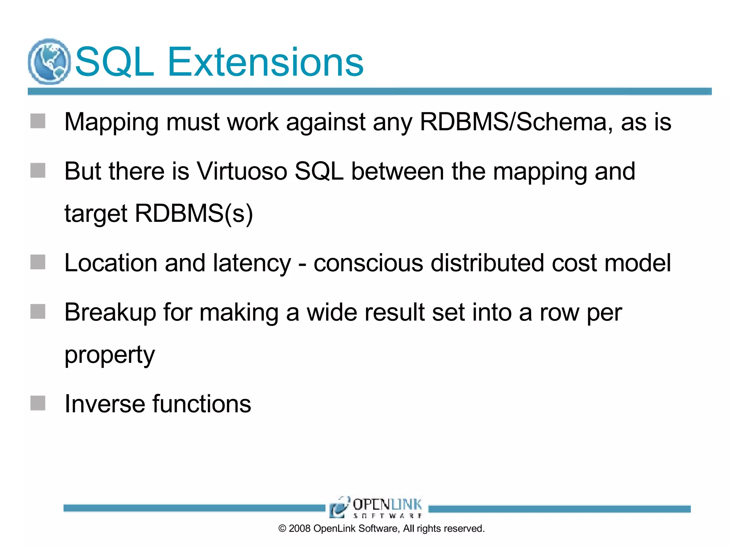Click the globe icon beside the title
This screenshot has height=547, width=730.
49,62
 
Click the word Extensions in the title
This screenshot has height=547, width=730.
265,62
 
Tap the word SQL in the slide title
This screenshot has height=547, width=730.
114,62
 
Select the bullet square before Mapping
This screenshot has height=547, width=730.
38,121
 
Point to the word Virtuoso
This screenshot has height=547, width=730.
242,171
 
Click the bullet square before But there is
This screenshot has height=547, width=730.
38,171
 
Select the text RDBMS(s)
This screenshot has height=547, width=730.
194,214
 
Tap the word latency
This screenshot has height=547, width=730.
252,264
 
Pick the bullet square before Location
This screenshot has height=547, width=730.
38,262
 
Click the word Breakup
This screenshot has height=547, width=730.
110,313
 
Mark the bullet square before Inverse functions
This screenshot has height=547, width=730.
38,403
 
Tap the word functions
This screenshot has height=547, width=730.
202,404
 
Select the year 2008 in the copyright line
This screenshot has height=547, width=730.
299,528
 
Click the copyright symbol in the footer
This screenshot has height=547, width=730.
282,529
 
